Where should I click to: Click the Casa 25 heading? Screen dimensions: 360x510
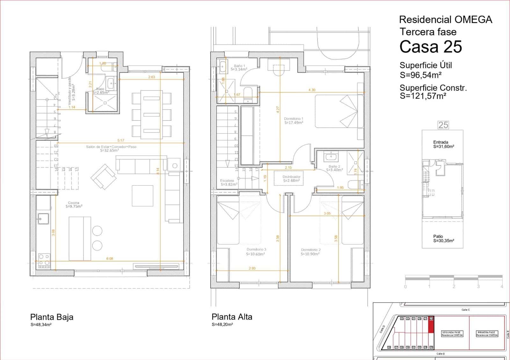[x=430, y=47]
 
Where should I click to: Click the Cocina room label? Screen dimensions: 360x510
[x=74, y=205]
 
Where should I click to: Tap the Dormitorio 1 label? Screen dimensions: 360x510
[x=293, y=120]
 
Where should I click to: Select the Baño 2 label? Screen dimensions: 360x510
[x=334, y=168]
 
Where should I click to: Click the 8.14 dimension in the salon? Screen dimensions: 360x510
[x=158, y=171]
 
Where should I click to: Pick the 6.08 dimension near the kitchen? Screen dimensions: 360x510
[x=109, y=259]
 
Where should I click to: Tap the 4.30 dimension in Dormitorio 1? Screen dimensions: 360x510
[x=312, y=90]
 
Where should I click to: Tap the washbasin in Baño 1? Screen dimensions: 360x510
[x=222, y=67]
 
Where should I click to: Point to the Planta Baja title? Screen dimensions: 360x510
[x=52, y=317]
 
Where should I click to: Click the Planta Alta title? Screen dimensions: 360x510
[x=232, y=317]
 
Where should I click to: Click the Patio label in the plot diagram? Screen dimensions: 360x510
[x=438, y=236]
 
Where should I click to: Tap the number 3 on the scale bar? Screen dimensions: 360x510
[x=478, y=286]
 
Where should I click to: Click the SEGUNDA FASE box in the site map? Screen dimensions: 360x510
[x=452, y=334]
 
